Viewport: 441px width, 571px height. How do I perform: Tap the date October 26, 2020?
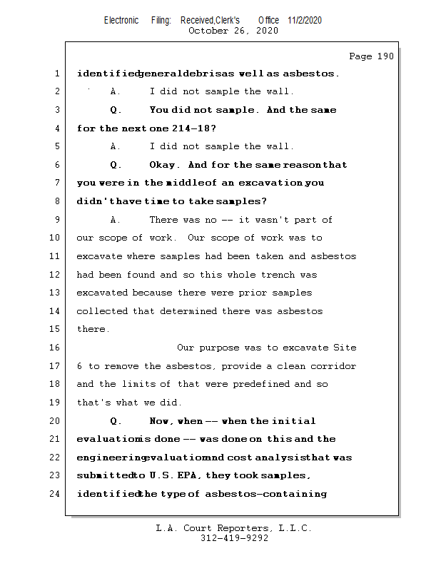[x=233, y=31]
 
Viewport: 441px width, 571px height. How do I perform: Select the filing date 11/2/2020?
[x=305, y=20]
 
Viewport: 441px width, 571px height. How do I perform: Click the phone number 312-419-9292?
[x=234, y=538]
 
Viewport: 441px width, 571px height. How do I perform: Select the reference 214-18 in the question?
[x=192, y=128]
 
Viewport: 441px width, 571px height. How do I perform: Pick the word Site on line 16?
[x=345, y=348]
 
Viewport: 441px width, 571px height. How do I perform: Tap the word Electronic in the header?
[x=121, y=20]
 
